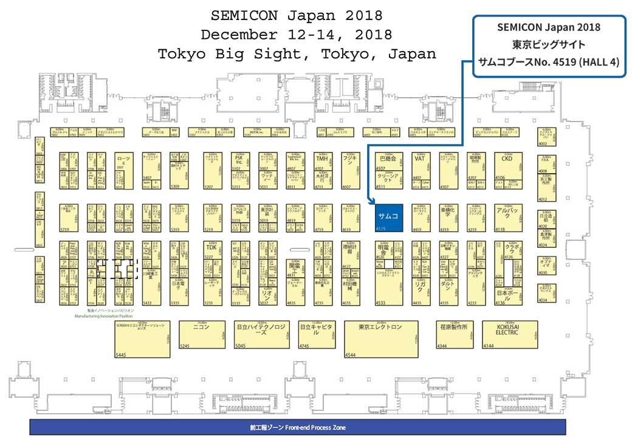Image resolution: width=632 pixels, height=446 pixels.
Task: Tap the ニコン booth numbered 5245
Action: click(x=200, y=334)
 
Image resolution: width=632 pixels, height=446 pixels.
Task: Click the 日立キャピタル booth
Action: click(x=317, y=334)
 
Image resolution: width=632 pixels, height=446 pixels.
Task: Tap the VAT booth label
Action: click(x=419, y=158)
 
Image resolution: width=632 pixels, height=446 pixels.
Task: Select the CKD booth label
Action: click(x=507, y=158)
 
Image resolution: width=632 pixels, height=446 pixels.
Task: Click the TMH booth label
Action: click(x=321, y=158)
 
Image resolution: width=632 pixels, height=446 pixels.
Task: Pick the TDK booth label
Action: click(x=211, y=247)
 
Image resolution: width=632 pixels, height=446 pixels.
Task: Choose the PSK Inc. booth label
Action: click(x=239, y=160)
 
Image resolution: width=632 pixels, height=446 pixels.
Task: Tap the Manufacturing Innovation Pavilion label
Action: click(x=103, y=317)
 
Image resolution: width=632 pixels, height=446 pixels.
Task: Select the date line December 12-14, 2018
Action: click(x=297, y=33)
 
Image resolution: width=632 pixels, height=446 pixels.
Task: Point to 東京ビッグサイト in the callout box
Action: click(x=548, y=44)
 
